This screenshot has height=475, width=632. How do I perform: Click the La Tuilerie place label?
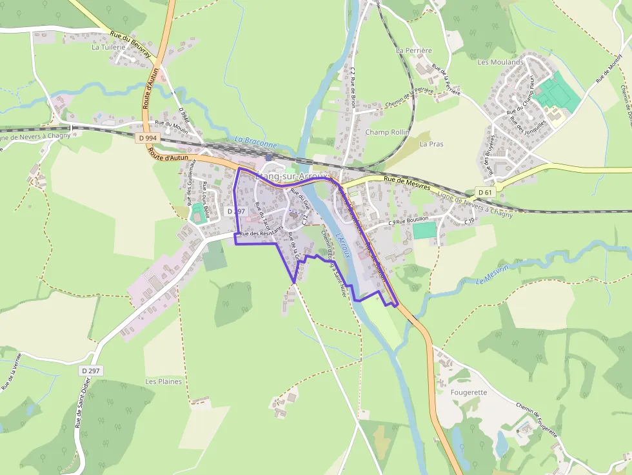point(110,47)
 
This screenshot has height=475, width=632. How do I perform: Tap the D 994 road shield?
point(147,137)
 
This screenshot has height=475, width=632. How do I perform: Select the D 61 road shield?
point(485,192)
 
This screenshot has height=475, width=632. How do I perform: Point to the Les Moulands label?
point(500,62)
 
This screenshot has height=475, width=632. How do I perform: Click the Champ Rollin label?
point(387,132)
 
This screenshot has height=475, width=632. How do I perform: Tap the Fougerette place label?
point(469,392)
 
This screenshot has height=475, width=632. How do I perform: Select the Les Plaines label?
point(164,381)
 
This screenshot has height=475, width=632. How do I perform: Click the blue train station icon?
point(269,157)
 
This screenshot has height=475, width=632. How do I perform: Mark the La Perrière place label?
point(414,50)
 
